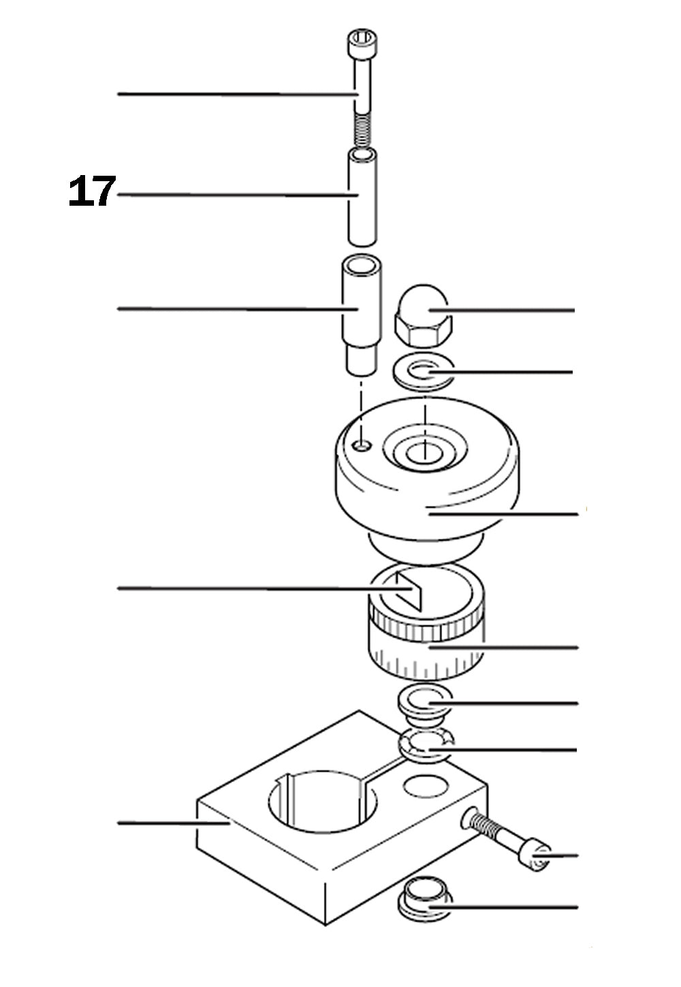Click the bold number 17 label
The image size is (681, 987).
pyautogui.click(x=92, y=192)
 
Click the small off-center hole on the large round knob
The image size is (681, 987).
pyautogui.click(x=364, y=445)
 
